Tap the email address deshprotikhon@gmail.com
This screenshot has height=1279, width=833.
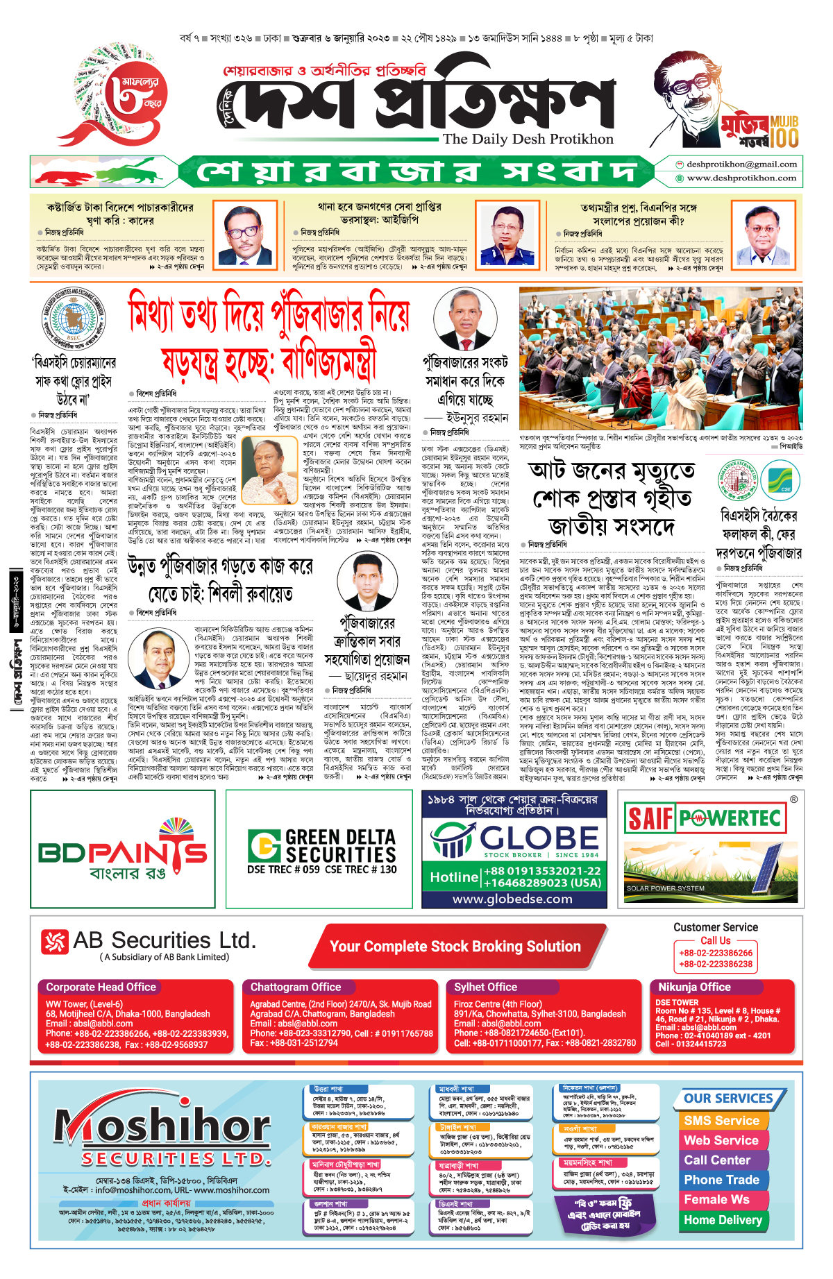[x=741, y=164]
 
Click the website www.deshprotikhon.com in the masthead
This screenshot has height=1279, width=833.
[x=741, y=178]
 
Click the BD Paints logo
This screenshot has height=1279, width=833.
[x=122, y=851]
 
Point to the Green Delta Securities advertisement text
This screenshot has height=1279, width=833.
[x=323, y=851]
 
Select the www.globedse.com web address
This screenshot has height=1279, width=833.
[x=512, y=899]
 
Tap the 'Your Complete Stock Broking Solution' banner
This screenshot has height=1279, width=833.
[x=455, y=947]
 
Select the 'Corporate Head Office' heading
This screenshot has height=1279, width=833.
[x=101, y=987]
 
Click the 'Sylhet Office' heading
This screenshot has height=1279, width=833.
[x=486, y=987]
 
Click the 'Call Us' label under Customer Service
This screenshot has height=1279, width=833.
[x=715, y=940]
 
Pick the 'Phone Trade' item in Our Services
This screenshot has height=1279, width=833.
[x=721, y=1180]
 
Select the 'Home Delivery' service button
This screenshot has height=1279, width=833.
[x=723, y=1220]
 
